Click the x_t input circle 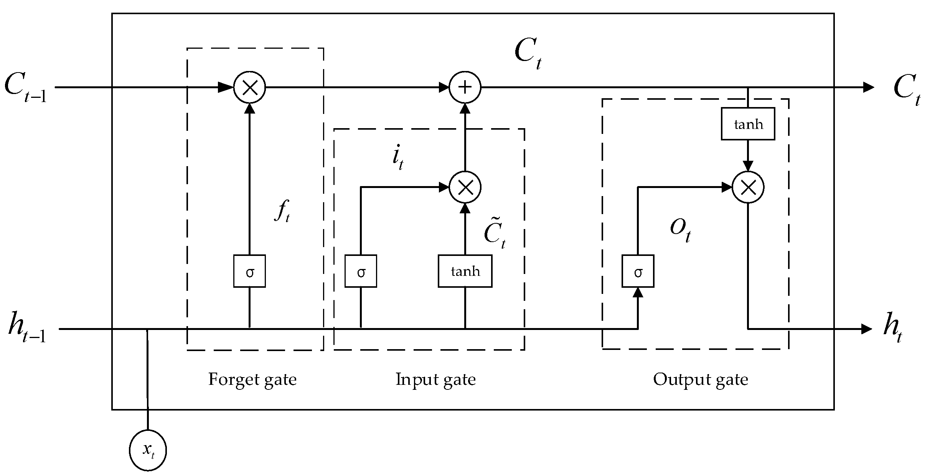point(148,450)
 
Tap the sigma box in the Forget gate point(249,271)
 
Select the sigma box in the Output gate point(638,271)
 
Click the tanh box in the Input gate point(465,271)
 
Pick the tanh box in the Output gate point(748,124)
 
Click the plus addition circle point(465,87)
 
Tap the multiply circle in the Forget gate point(250,87)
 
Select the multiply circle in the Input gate point(465,187)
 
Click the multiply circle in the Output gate point(748,187)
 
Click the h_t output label point(892,329)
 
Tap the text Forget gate point(252,379)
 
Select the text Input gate point(435,379)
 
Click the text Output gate point(701,379)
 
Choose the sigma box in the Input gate point(361,271)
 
